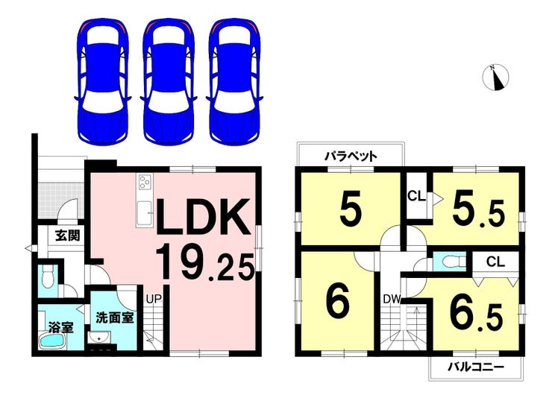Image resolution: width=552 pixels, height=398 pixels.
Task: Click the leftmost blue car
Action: (102, 81)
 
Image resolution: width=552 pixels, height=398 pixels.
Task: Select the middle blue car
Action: (169, 81)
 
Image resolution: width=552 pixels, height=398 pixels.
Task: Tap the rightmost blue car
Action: (235, 81)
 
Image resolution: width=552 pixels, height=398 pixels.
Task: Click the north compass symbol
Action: (495, 77)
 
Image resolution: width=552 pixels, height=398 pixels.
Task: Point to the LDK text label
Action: (204, 218)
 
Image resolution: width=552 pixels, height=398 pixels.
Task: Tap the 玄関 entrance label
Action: (68, 236)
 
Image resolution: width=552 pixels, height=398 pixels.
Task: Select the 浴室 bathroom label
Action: (61, 328)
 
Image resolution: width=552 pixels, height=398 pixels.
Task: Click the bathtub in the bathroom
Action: (52, 341)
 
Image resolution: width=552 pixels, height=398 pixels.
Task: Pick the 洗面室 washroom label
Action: (115, 318)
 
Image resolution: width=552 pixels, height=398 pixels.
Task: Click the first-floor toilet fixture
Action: (47, 277)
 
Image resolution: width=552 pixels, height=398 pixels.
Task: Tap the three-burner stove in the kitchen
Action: (145, 183)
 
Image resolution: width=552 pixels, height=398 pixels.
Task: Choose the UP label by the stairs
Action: (154, 299)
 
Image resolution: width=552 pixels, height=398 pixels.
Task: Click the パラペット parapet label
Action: (351, 156)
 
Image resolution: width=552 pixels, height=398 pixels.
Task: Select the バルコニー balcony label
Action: (476, 367)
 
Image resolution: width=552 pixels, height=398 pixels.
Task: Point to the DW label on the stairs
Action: (392, 300)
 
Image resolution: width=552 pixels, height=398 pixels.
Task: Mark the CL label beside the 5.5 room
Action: (416, 196)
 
